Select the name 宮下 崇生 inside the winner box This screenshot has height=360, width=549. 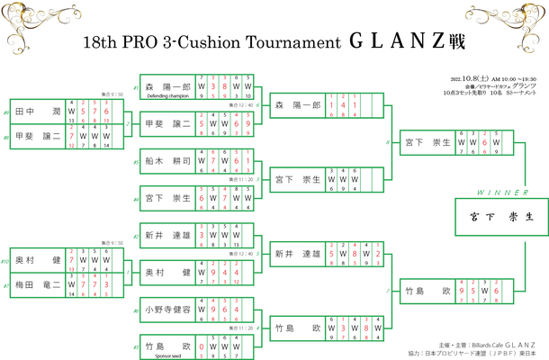point(499,217)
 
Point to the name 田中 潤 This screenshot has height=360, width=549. point(37,112)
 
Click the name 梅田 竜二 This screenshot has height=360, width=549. point(37,283)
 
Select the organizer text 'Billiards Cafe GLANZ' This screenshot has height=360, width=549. point(493,343)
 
